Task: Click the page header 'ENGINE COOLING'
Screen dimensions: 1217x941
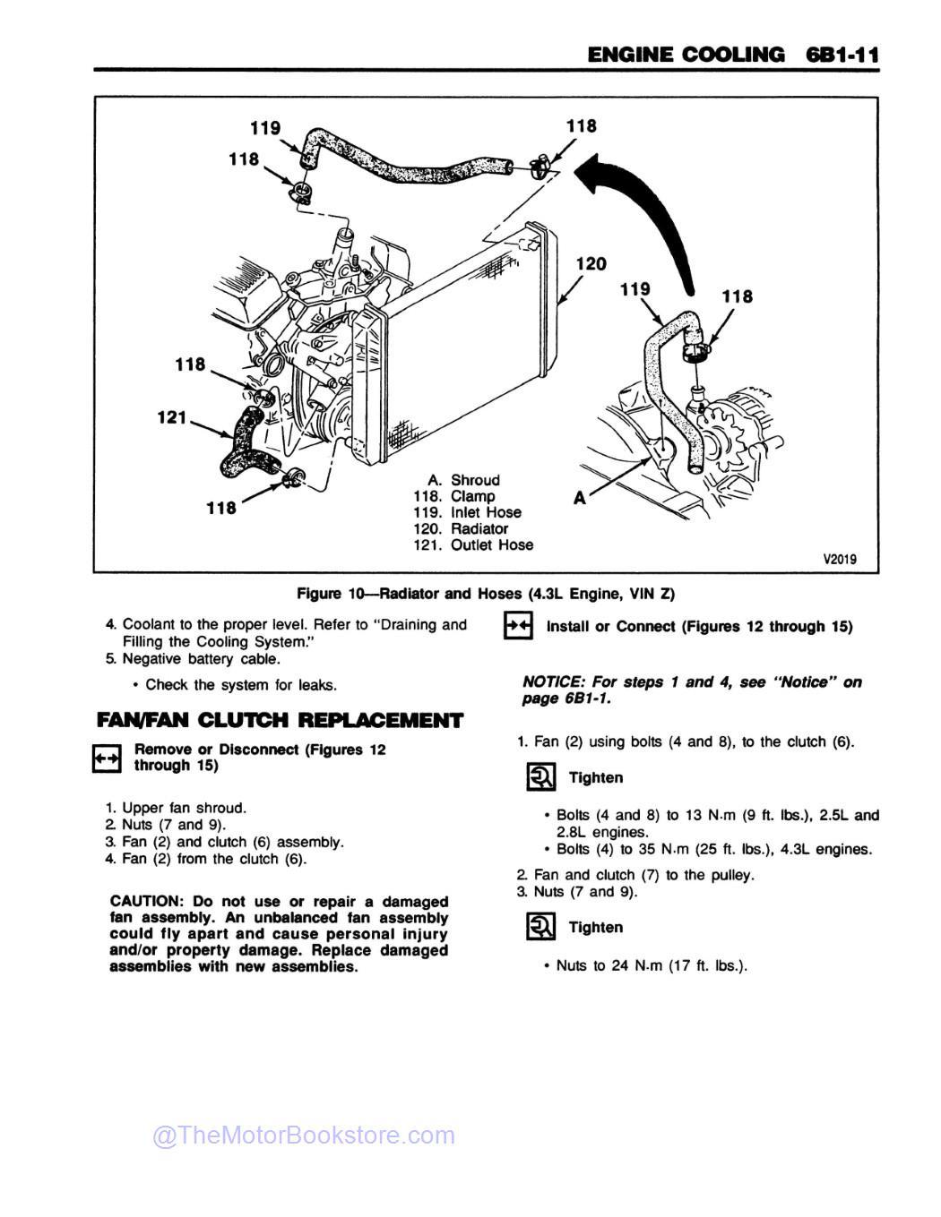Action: (685, 55)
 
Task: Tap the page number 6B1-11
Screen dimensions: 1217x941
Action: (842, 55)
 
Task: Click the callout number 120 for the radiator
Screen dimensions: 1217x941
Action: (591, 264)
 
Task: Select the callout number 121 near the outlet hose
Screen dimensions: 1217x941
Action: (171, 417)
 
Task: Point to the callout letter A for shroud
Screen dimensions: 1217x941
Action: (580, 499)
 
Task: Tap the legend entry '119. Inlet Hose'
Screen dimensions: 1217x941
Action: (467, 512)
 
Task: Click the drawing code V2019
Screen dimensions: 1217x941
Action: (839, 560)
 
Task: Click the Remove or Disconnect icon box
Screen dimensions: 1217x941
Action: (107, 758)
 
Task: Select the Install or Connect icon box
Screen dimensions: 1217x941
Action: (518, 626)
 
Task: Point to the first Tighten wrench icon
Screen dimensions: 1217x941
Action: (540, 777)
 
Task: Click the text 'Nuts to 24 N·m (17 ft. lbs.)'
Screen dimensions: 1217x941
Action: (652, 965)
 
